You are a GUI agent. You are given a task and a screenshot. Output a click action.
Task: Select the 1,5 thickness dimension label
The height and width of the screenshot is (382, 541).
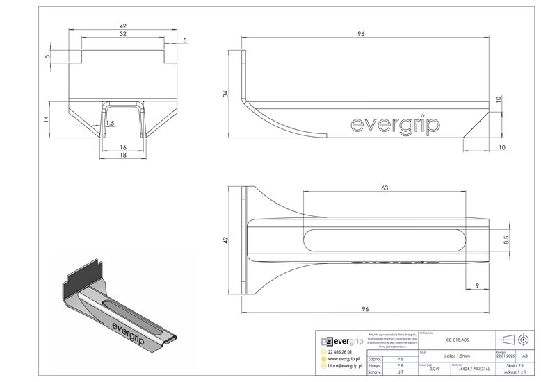[110, 124]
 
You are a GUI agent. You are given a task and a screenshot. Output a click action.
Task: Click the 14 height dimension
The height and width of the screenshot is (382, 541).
[46, 119]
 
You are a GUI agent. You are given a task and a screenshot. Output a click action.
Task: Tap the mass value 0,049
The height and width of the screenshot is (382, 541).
[435, 367]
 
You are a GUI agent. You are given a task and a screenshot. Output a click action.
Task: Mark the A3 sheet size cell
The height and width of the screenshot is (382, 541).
[525, 355]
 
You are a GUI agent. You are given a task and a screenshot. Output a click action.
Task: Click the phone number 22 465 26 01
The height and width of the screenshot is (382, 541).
[341, 352]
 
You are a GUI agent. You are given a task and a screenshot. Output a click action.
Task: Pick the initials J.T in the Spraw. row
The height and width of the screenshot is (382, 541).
[400, 373]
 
